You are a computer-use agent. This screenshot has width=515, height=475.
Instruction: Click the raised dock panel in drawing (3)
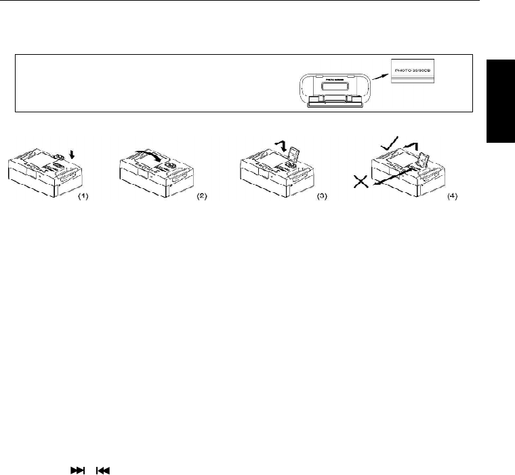[x=294, y=155]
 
